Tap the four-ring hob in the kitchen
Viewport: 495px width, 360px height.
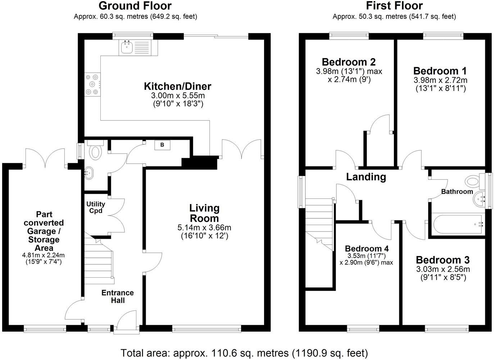92,84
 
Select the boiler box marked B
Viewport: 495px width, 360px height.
162,145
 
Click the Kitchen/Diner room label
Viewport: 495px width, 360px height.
177,86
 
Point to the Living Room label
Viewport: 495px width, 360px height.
204,213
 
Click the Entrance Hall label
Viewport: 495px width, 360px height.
117,296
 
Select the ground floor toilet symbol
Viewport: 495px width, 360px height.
95,151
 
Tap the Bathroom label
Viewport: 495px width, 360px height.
457,192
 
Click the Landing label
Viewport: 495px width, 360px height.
366,177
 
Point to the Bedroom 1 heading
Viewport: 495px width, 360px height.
440,70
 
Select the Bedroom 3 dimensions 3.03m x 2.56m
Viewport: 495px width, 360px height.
443,269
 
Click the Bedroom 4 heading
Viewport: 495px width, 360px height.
367,249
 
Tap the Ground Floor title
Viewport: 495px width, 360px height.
135,6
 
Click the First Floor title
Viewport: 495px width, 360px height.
394,6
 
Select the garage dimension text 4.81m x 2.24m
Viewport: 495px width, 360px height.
43,255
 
